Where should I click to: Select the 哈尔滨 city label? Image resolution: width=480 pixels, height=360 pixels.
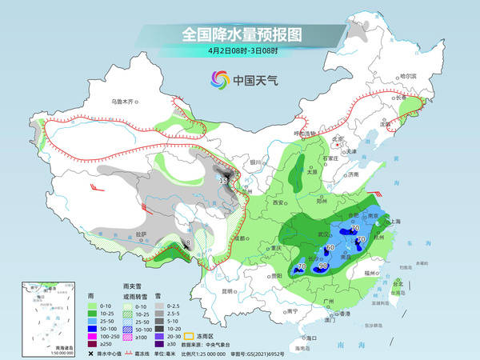coord(410,75)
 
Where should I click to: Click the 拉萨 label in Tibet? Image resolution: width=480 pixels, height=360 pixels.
coord(142,234)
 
